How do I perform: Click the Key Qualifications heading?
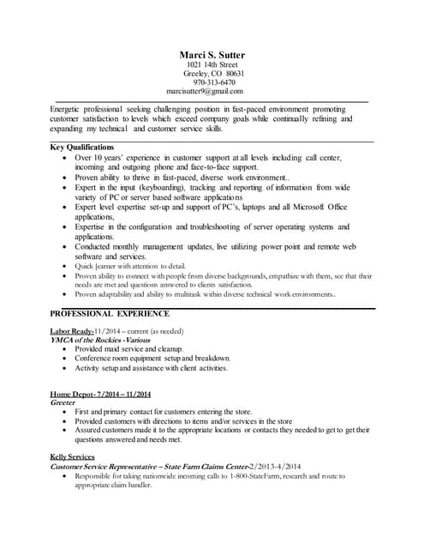pos(83,148)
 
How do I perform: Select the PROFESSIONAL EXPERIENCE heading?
pos(110,314)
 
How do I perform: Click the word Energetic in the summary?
pos(69,110)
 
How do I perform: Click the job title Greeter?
pos(63,401)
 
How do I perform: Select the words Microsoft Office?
pos(319,207)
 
